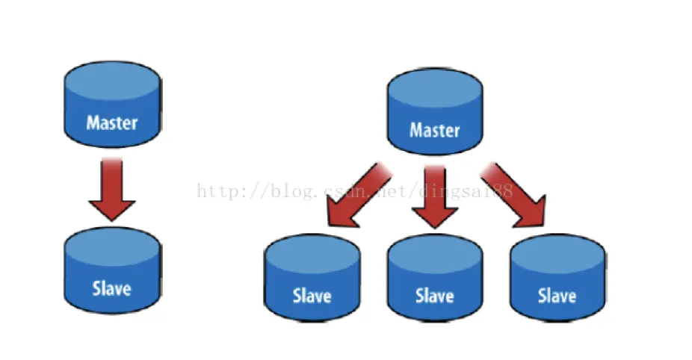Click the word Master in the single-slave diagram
coord(112,122)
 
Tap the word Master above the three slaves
coord(434,130)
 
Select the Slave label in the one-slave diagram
coord(112,288)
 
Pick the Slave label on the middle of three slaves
coord(434,295)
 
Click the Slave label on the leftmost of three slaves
coord(312,295)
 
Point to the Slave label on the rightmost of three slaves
coord(557,295)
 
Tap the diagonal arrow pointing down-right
coord(515,196)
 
